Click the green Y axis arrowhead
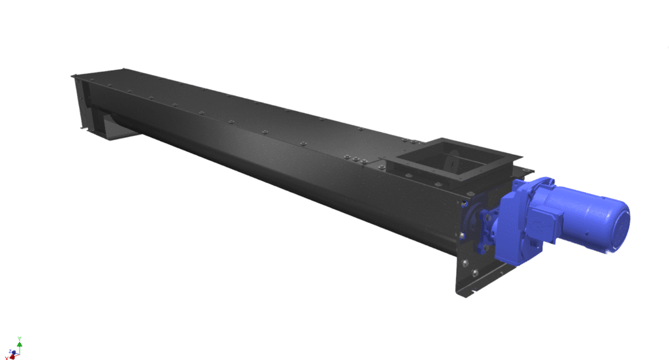tap(20, 342)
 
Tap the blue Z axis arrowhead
tap(12, 352)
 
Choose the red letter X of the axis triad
tap(7, 357)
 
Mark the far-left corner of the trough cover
tap(72, 76)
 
